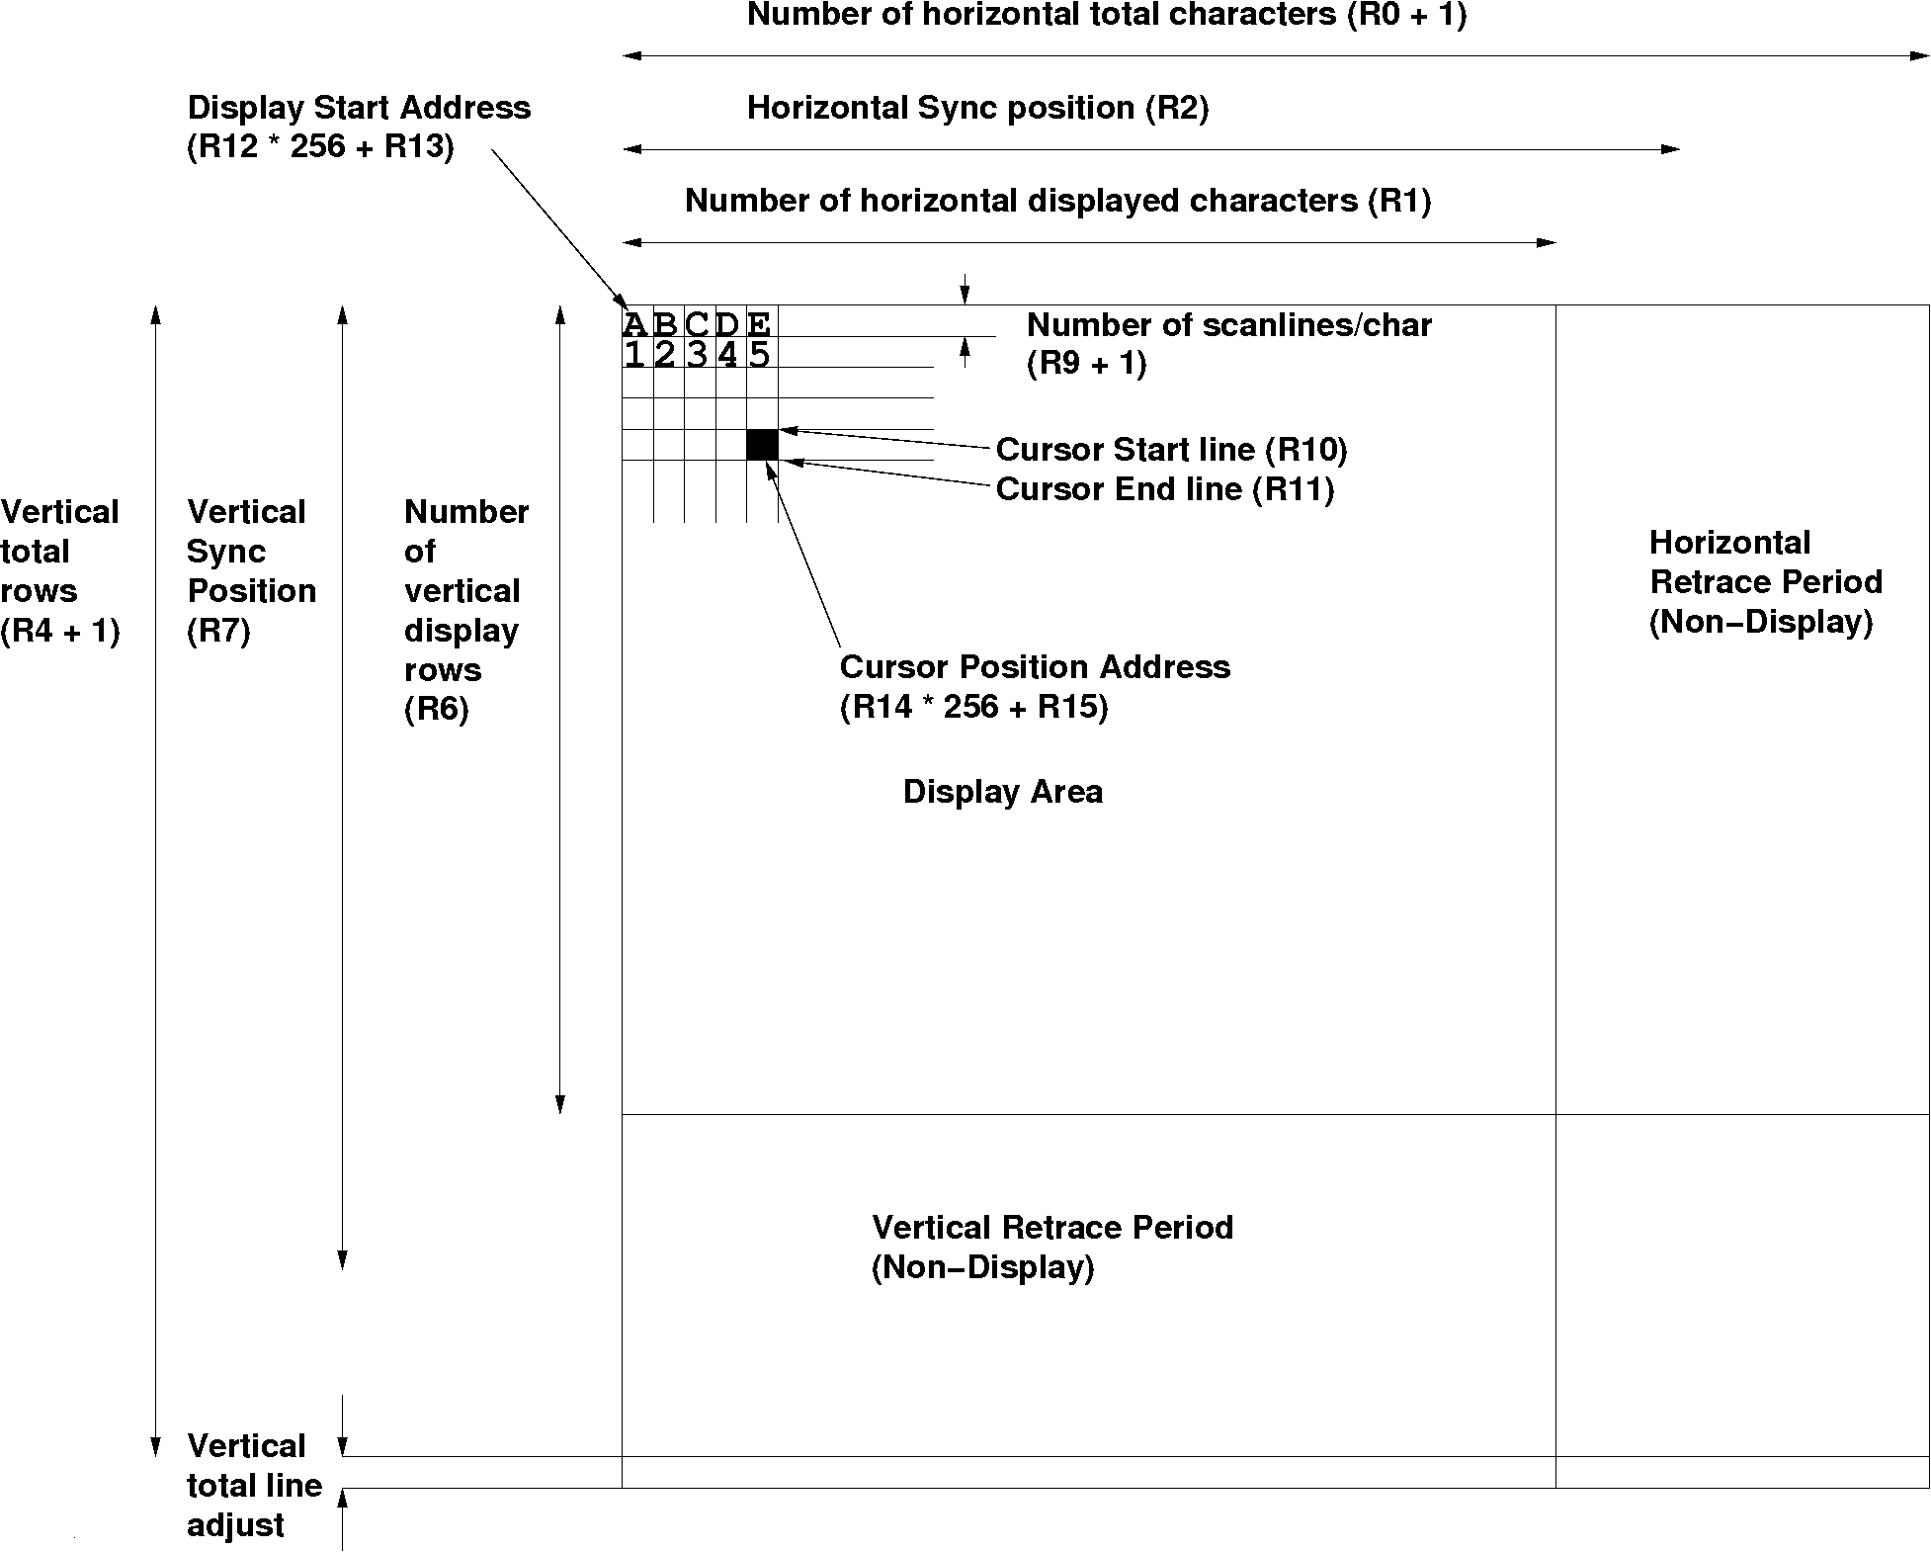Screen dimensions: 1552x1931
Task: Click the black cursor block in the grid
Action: tap(762, 445)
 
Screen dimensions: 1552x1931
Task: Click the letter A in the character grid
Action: tap(635, 323)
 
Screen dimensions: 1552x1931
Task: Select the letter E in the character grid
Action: tap(759, 323)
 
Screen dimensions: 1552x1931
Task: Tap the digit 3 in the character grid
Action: tap(698, 354)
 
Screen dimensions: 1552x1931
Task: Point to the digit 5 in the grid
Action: tap(759, 354)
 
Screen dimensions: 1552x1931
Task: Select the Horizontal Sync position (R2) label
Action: tap(977, 108)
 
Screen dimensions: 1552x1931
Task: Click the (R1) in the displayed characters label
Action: tap(1399, 201)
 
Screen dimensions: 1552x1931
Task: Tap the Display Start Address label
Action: tap(359, 108)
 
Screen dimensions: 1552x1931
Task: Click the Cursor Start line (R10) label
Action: tap(1171, 450)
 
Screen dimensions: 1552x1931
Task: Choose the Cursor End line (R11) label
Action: tap(1164, 489)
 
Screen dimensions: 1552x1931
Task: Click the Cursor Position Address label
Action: tap(1035, 667)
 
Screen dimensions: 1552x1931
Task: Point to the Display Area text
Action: tap(1002, 792)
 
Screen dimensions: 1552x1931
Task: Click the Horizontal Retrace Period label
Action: tap(1765, 562)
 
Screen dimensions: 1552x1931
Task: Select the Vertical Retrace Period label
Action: tap(1051, 1228)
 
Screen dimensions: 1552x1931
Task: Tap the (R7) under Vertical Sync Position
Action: tap(218, 631)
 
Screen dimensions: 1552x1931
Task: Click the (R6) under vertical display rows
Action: tap(436, 710)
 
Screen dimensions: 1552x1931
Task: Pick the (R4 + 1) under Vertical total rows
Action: tap(60, 631)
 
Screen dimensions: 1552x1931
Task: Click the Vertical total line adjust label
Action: tap(254, 1486)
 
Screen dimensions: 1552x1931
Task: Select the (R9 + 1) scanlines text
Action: tap(1086, 364)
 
